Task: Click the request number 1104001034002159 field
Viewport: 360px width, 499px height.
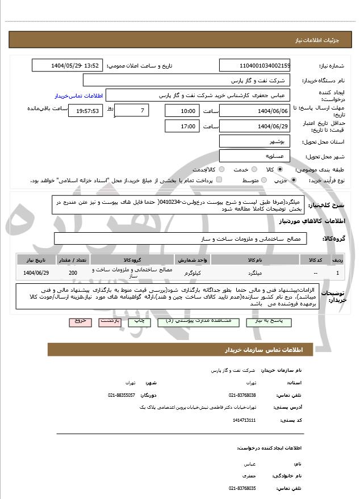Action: (x=254, y=66)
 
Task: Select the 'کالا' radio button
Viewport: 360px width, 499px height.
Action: (x=280, y=169)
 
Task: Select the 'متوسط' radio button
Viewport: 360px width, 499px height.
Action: (x=262, y=180)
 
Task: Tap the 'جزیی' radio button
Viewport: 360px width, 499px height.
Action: (x=293, y=180)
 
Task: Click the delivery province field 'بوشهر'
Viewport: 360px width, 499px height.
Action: (x=254, y=141)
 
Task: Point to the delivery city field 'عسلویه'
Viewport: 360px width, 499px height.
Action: (x=254, y=155)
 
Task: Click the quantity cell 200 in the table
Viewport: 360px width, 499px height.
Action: (x=72, y=273)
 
